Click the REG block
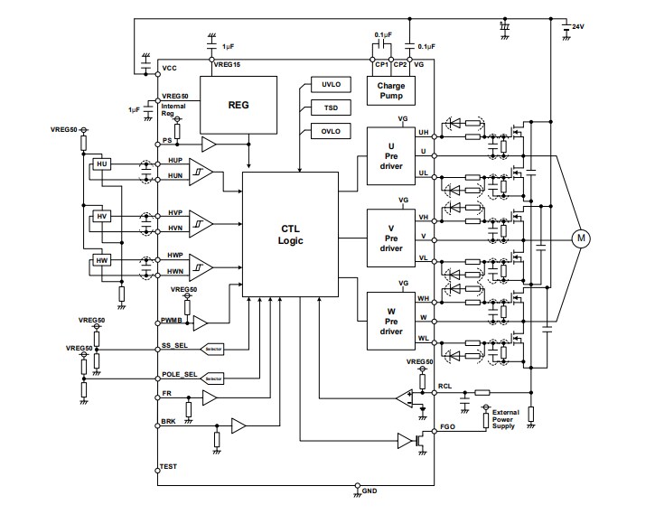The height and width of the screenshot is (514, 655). coord(237,104)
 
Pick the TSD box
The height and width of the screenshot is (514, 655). coord(331,107)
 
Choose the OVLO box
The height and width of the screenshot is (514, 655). coord(331,131)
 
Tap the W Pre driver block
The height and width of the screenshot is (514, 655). coord(390,320)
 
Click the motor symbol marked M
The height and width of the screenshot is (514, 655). coord(582,238)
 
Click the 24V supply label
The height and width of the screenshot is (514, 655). coord(577,28)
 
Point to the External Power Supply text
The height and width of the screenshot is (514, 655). coord(504,419)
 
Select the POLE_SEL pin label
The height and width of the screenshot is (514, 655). coord(179,373)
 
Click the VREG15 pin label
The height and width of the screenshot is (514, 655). coord(227,65)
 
